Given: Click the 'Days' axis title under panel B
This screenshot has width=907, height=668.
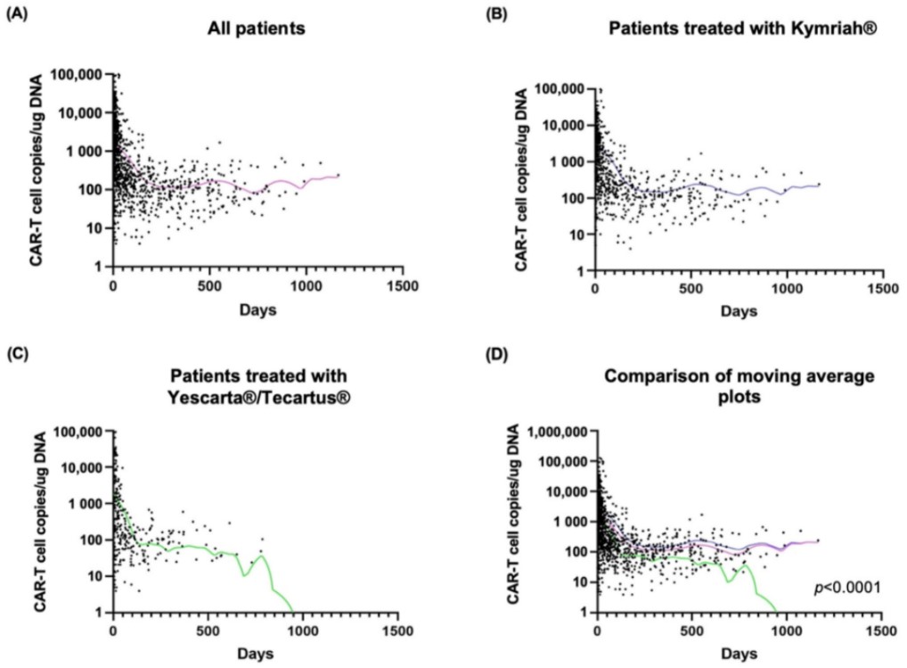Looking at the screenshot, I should [x=738, y=313].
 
